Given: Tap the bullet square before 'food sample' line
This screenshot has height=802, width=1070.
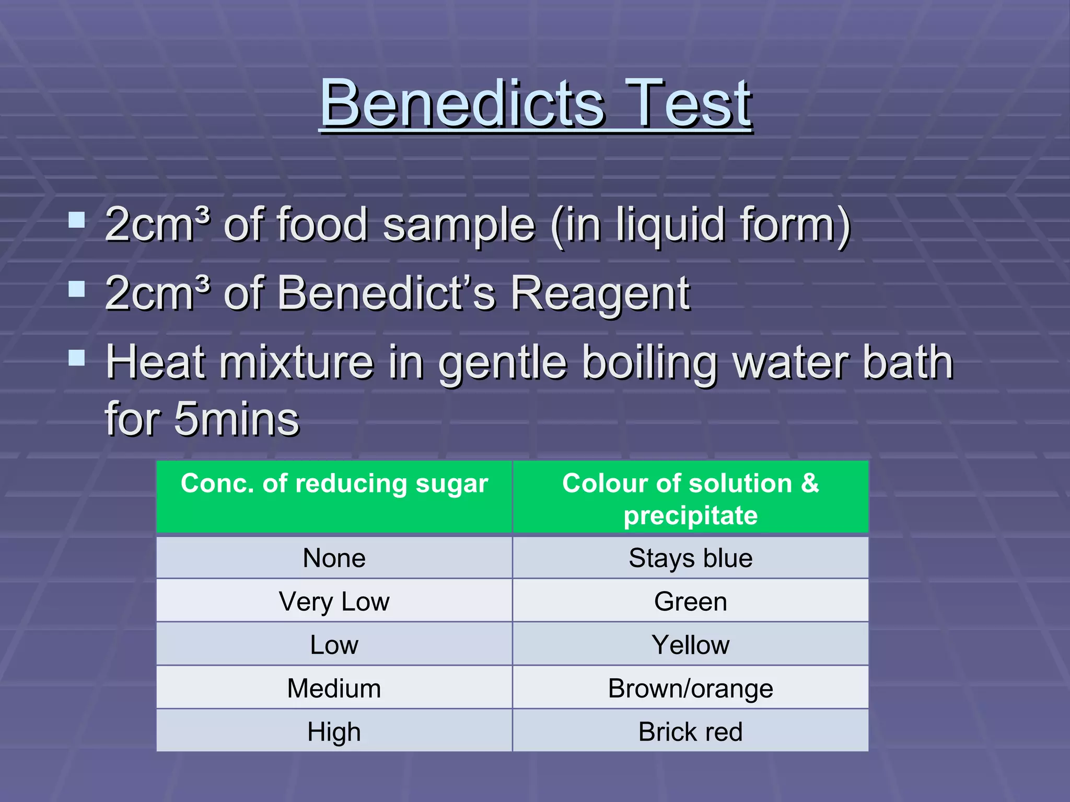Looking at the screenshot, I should click(77, 219).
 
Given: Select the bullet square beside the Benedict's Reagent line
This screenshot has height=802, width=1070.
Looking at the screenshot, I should click(77, 289).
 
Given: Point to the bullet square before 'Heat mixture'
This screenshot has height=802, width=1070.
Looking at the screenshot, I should click(77, 358).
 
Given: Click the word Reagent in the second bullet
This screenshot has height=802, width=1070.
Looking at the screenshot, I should click(600, 293).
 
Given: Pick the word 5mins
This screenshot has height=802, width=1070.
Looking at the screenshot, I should click(236, 419).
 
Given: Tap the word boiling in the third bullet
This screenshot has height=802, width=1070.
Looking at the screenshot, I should click(650, 362).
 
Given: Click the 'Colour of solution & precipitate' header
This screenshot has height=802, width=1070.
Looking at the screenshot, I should click(690, 499).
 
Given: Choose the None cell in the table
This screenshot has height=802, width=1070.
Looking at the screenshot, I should click(334, 558).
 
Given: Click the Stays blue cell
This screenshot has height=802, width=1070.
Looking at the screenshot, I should click(690, 558).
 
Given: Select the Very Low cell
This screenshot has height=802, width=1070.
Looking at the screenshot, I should click(334, 601).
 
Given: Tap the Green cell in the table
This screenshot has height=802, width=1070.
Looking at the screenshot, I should click(690, 601).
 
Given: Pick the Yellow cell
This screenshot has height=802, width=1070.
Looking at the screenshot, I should click(690, 644).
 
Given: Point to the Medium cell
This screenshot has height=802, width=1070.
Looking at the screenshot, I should click(334, 688).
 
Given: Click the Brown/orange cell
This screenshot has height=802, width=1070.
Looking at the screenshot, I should click(690, 688).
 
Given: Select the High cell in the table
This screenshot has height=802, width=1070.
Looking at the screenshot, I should click(334, 731).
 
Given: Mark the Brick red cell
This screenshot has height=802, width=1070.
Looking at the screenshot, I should click(690, 731).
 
